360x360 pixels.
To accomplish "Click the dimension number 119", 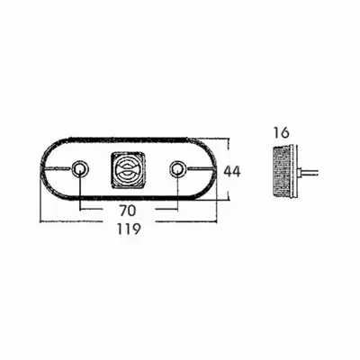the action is tap(129, 229).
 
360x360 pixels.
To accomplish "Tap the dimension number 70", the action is tap(128, 211).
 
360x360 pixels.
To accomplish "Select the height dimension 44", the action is tap(232, 172).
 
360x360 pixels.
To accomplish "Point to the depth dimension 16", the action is tap(281, 132).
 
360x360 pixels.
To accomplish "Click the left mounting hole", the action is tap(81, 169).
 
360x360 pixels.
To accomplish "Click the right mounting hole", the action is tap(177, 169).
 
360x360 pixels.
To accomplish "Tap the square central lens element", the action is tap(129, 170).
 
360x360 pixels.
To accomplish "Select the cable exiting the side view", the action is tap(310, 173).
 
